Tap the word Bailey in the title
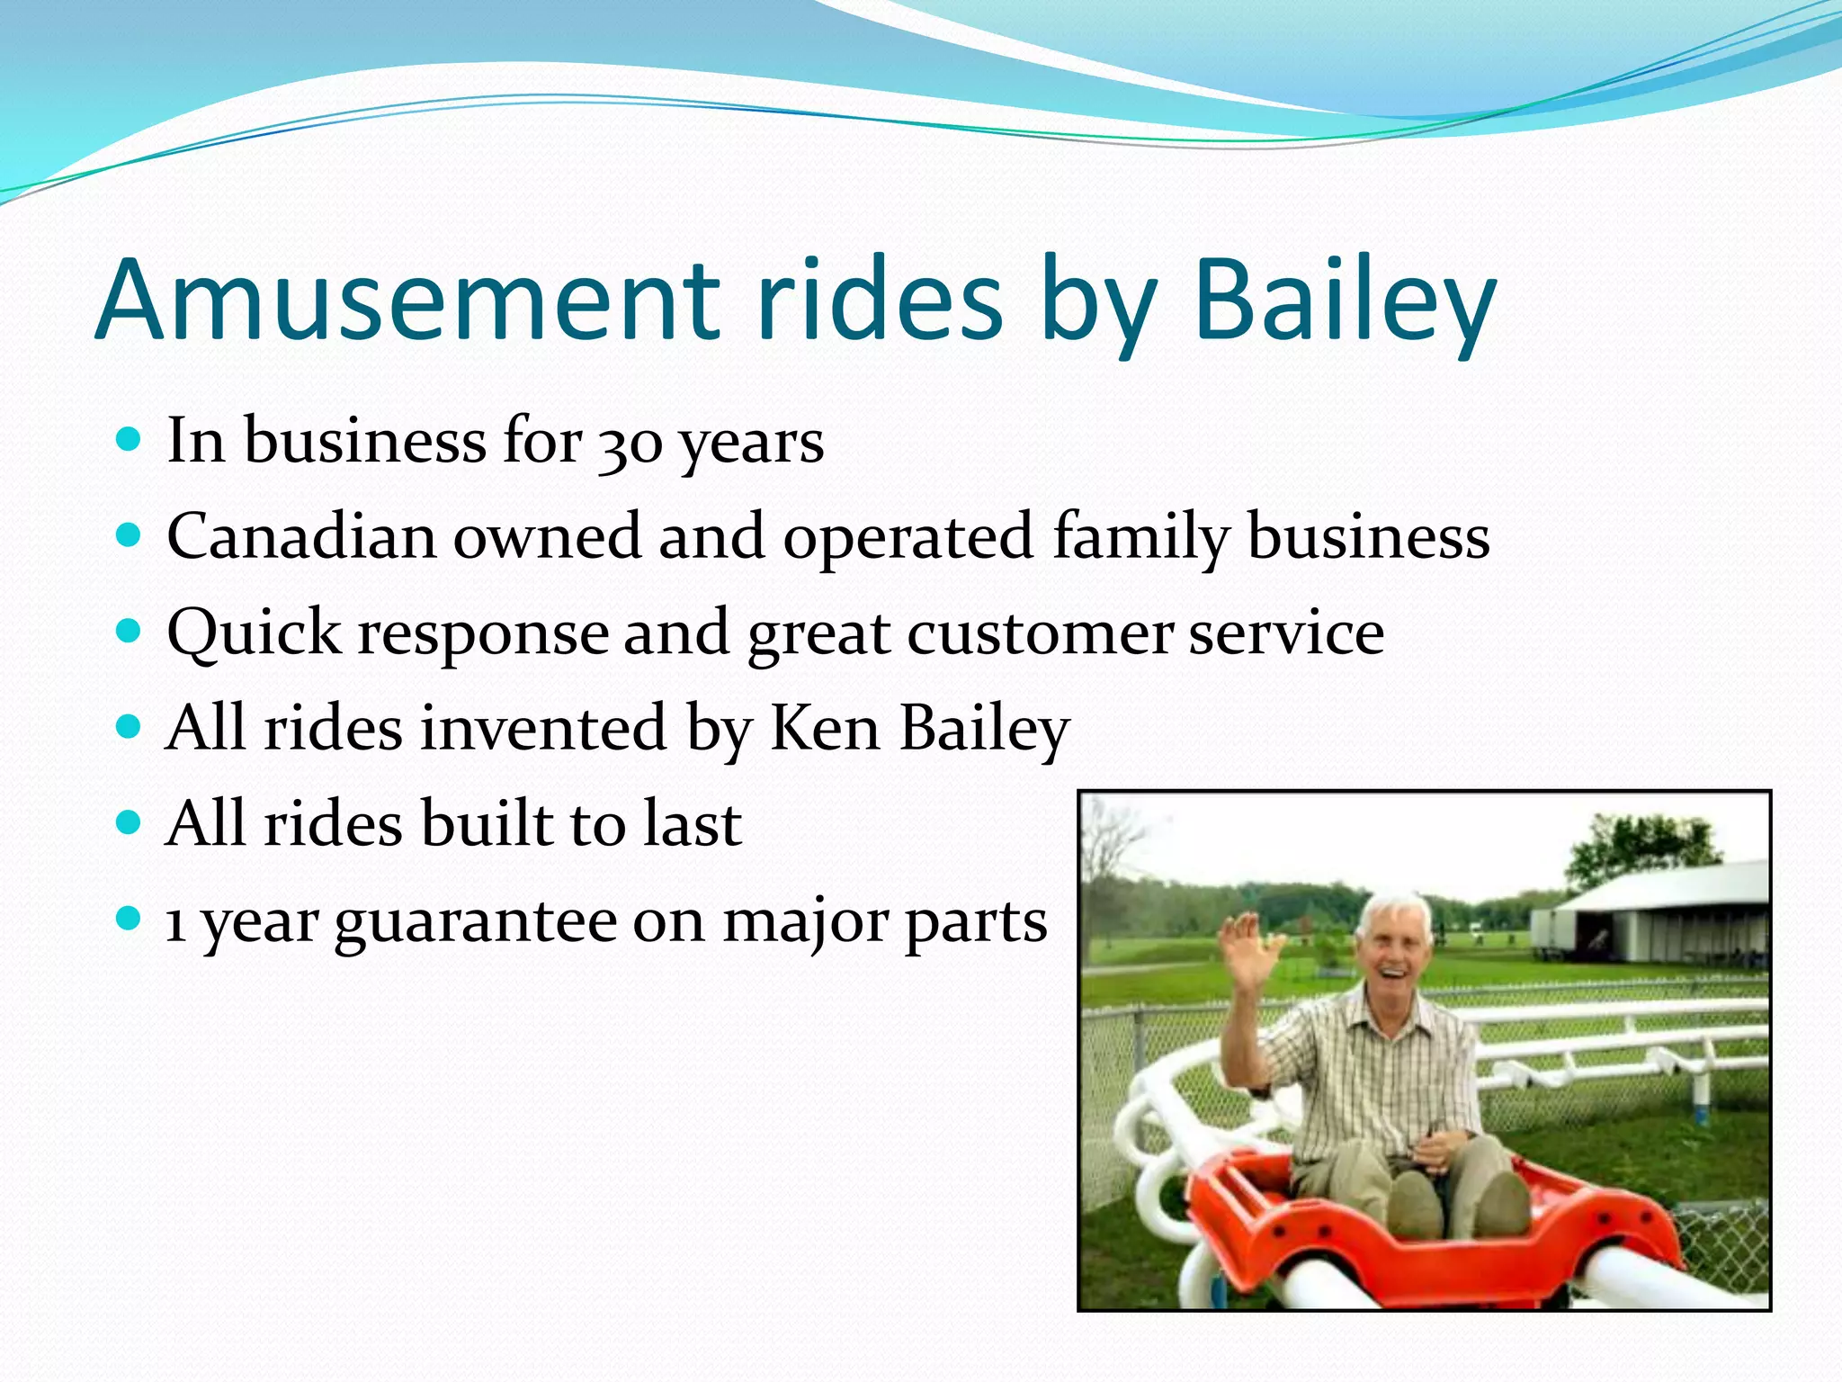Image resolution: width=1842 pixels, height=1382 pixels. click(1345, 301)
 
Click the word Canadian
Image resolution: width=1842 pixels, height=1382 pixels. click(301, 537)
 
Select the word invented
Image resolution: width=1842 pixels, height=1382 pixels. click(543, 728)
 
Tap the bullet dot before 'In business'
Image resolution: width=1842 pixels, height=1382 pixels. click(130, 439)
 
